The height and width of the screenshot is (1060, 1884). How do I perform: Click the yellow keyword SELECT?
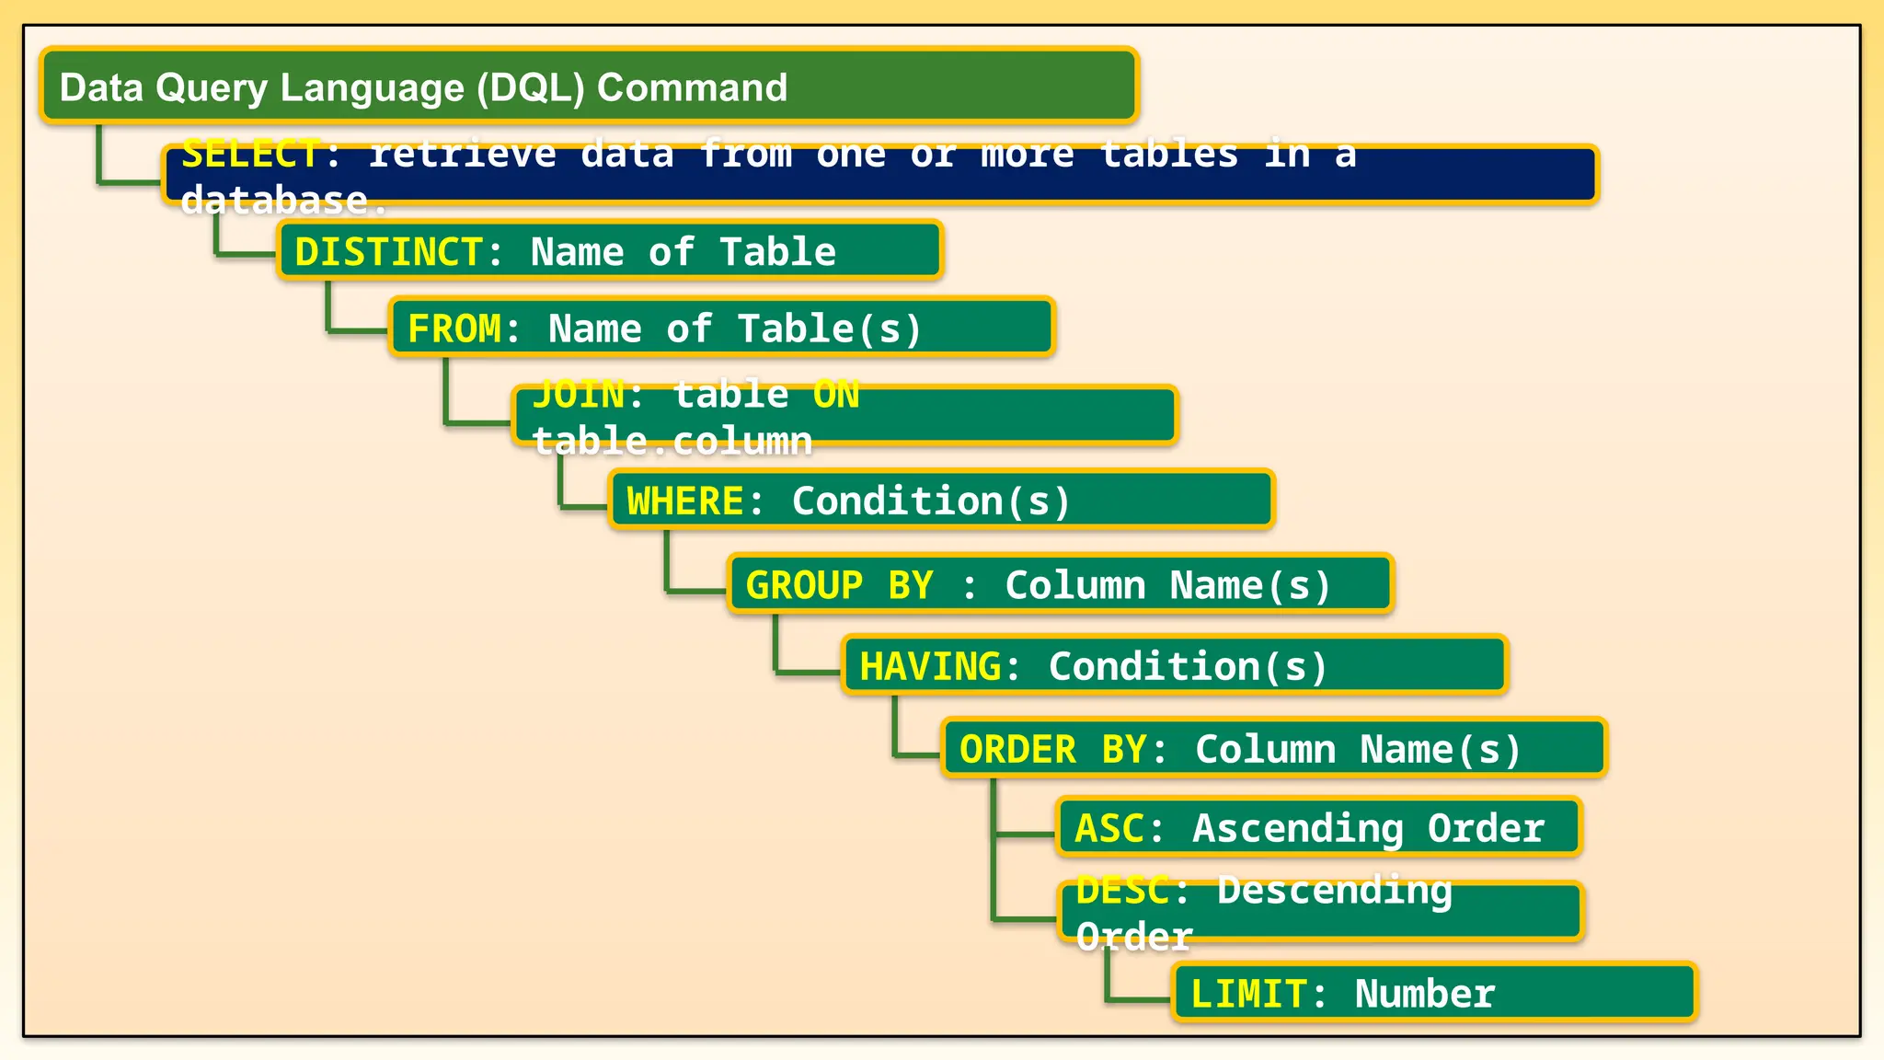pos(251,154)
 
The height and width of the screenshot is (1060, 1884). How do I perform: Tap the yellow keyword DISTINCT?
pos(387,252)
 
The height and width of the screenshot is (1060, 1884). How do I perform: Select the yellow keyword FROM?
pos(454,329)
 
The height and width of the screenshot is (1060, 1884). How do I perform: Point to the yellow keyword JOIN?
pos(579,395)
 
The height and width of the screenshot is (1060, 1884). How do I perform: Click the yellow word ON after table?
pos(836,395)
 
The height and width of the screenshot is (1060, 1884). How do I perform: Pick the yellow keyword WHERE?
pos(685,501)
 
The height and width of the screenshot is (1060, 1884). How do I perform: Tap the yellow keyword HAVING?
pos(930,666)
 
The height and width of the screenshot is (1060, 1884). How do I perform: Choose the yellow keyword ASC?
pos(1109,828)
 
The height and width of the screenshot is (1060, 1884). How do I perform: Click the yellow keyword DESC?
pos(1122,890)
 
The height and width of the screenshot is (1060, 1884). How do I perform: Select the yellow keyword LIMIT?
pos(1248,994)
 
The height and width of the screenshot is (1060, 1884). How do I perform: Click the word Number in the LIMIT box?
pos(1425,994)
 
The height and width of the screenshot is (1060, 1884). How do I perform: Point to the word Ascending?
pos(1298,829)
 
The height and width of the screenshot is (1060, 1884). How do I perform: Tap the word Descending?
pos(1335,890)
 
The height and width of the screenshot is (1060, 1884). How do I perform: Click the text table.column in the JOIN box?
pos(672,442)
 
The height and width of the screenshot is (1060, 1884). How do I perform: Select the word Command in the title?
pos(692,87)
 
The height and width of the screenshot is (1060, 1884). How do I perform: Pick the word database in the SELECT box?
pos(274,201)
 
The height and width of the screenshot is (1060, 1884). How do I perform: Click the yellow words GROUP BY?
pos(839,585)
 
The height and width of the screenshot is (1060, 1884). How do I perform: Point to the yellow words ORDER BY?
pos(1052,749)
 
